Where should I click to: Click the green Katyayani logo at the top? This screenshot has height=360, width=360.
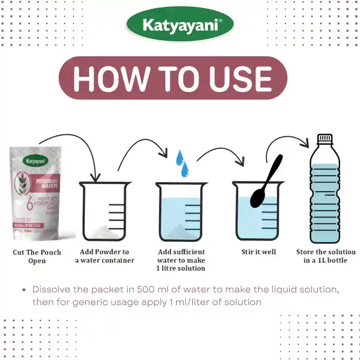click(180, 26)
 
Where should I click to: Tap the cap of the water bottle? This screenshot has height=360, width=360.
click(325, 138)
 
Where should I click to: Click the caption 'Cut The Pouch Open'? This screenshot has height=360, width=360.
click(37, 256)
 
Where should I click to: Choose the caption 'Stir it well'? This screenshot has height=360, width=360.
click(258, 252)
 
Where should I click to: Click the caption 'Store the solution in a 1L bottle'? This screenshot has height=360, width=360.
click(326, 256)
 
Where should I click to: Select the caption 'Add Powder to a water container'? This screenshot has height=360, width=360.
click(105, 256)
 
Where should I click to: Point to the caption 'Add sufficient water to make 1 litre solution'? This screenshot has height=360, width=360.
click(181, 260)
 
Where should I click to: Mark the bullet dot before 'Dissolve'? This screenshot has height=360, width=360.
click(25, 290)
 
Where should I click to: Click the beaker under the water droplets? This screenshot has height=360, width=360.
click(181, 212)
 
